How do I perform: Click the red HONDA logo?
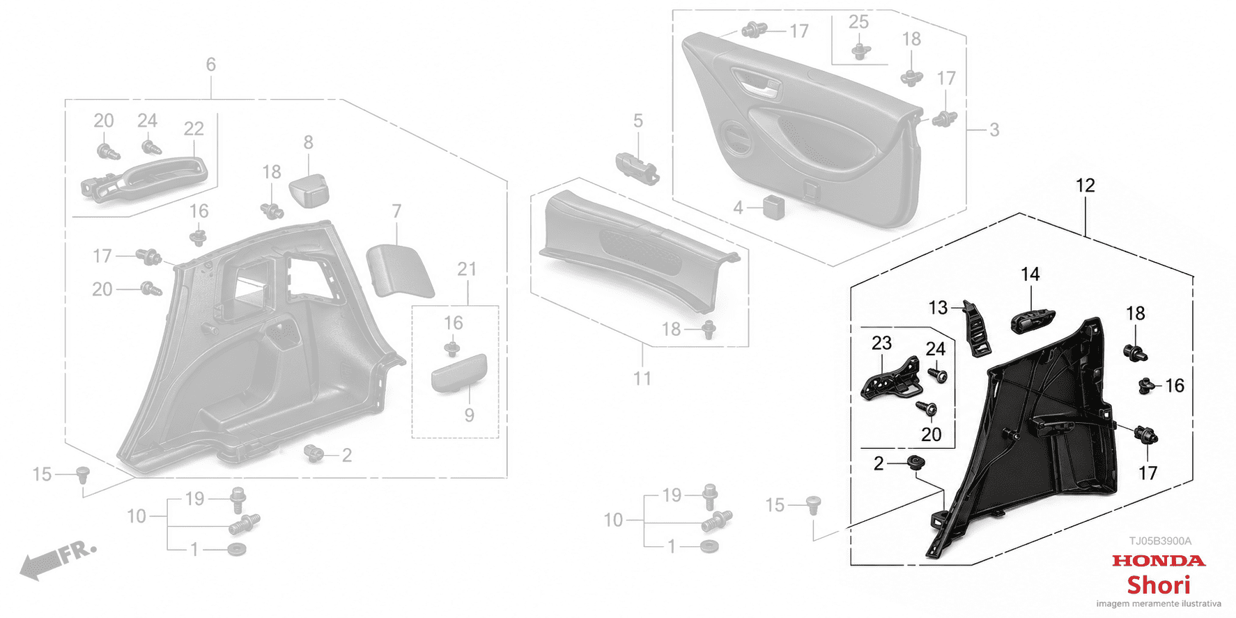click(x=1158, y=560)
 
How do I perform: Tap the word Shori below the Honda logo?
click(x=1159, y=585)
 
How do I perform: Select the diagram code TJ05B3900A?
click(x=1160, y=541)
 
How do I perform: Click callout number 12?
click(x=1085, y=185)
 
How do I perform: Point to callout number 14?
click(x=1030, y=275)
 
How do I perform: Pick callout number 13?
click(x=938, y=307)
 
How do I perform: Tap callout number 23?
click(x=881, y=343)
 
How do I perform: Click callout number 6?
click(x=211, y=64)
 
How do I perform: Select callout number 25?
click(x=858, y=22)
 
